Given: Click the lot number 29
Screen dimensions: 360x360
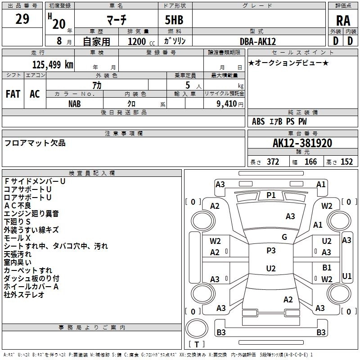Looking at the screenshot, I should coord(22,19).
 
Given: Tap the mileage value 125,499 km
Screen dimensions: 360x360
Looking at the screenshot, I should coord(53,65).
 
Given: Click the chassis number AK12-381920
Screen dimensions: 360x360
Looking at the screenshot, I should coord(302,143).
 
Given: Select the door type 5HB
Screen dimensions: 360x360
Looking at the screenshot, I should coord(171,20).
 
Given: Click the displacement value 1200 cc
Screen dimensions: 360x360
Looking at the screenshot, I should coord(139,42).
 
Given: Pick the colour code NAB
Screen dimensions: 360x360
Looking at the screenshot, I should coord(75,103).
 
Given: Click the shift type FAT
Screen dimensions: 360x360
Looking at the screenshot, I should coord(13,94).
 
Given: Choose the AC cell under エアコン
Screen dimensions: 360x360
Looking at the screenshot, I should coord(35,94).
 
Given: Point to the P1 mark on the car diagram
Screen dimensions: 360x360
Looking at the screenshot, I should coord(271,195).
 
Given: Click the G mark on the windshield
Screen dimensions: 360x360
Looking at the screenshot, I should coord(284,237).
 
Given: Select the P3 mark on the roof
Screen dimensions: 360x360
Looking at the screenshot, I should coord(271,251).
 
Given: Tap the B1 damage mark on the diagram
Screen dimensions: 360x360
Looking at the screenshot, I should coord(327,268).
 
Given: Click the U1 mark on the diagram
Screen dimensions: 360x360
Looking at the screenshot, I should coord(346,276).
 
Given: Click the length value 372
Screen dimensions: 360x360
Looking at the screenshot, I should coord(273,162).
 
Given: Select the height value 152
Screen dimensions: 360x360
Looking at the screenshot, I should coord(346,162).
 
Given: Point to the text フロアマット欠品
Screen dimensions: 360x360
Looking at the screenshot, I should coord(35,143).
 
